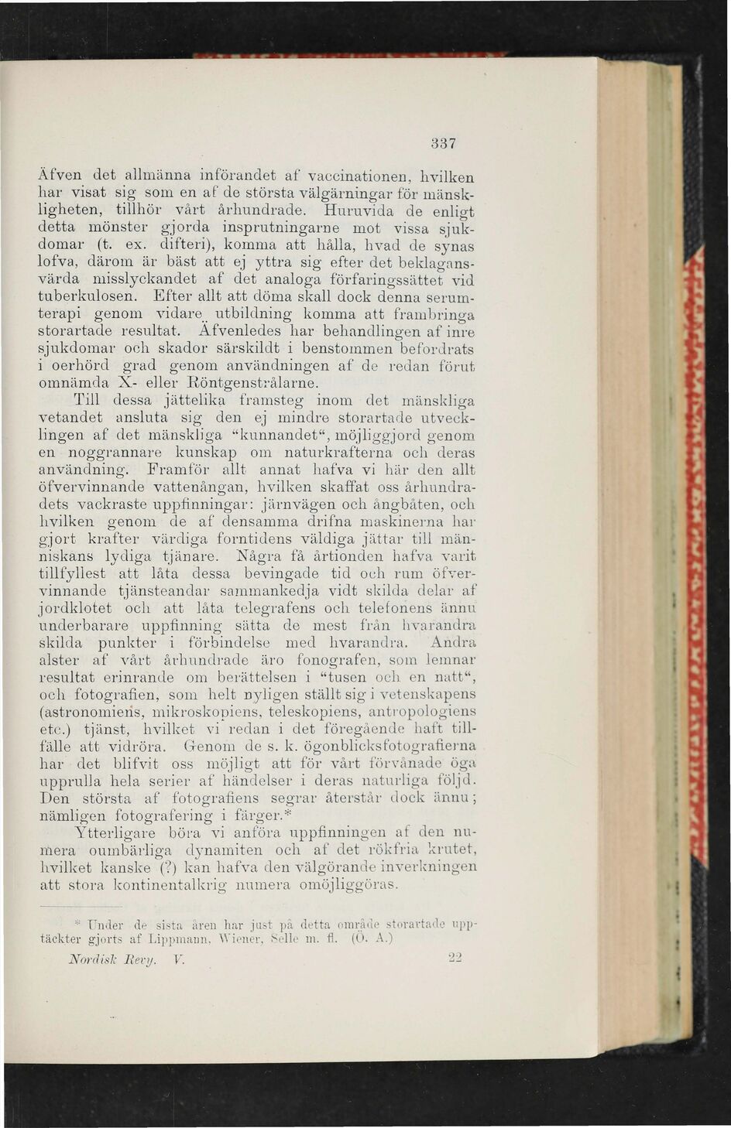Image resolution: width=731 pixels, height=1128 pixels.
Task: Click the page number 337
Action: [x=442, y=144]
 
